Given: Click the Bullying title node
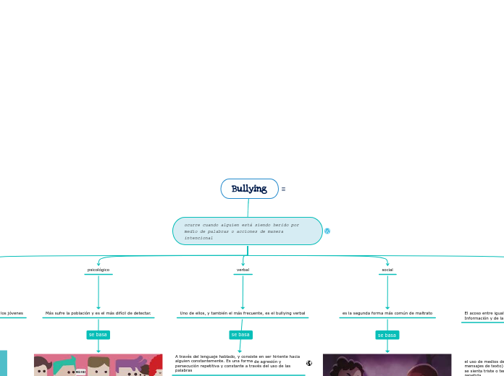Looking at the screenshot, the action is pos(249,189).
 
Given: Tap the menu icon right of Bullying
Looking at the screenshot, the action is pos(283,189).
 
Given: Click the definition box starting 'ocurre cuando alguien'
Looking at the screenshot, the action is pos(247,231).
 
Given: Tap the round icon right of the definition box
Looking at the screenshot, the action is pos(327,231).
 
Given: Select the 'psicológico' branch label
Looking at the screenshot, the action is pos(98,270).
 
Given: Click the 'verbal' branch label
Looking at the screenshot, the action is pos(243,270).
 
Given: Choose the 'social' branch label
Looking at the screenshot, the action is pos(387,270).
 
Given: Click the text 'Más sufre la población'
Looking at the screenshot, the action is pos(98,313).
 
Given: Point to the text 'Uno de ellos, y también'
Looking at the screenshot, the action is pos(243,313).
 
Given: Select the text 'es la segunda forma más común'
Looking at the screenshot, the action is pos(387,313).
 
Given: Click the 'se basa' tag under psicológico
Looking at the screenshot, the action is pos(98,335).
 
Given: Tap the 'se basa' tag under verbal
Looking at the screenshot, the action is pos(240,335).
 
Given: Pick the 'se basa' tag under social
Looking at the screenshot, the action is pos(387,335).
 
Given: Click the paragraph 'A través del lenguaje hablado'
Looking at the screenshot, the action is pos(238,363).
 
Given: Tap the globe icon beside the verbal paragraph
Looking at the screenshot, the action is pos(309,363).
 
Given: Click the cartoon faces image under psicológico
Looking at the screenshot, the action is pos(98,365).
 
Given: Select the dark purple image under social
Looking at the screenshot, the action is pos(387,365).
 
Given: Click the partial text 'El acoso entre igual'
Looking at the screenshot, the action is pos(484,315).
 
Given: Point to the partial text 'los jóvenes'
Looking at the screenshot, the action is pos(12,313).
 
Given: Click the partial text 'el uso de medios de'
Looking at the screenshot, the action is pos(484,366).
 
